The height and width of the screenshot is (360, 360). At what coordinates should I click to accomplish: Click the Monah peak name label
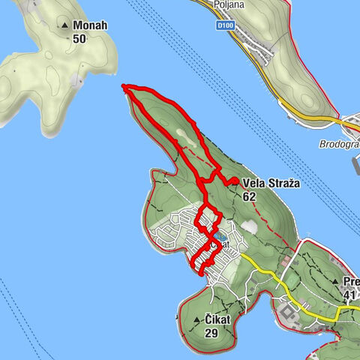click(x=91, y=25)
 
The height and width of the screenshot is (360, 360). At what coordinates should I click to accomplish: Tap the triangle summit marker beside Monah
click(x=66, y=25)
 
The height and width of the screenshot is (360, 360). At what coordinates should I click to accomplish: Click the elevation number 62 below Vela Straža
click(x=250, y=196)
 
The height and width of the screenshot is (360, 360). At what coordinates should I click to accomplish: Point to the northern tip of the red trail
click(x=124, y=87)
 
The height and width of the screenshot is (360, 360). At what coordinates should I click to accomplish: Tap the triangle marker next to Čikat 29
click(x=197, y=320)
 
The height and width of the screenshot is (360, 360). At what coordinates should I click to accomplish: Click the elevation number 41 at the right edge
click(x=349, y=295)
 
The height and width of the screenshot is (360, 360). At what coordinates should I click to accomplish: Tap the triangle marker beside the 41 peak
click(x=335, y=282)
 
